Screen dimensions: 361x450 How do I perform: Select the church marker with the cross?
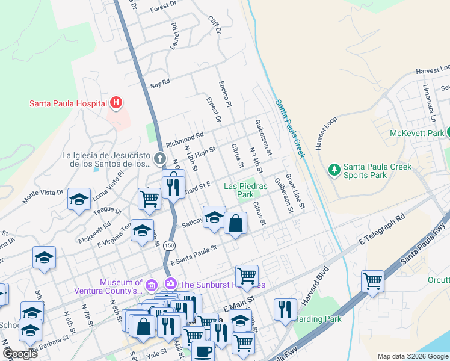point(159,159)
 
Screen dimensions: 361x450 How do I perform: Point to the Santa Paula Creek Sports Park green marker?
point(334,171)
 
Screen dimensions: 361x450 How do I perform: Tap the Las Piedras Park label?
point(239,190)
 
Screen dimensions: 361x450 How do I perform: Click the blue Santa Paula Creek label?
point(291,129)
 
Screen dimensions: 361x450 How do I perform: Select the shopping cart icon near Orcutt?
point(372,281)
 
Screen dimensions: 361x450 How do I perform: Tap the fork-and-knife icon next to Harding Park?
point(285,309)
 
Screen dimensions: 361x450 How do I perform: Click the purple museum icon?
point(152,283)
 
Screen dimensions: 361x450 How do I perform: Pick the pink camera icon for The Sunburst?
point(171,283)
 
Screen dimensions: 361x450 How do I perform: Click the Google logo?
point(20,353)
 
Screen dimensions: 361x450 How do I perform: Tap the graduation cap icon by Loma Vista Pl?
point(79,200)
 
